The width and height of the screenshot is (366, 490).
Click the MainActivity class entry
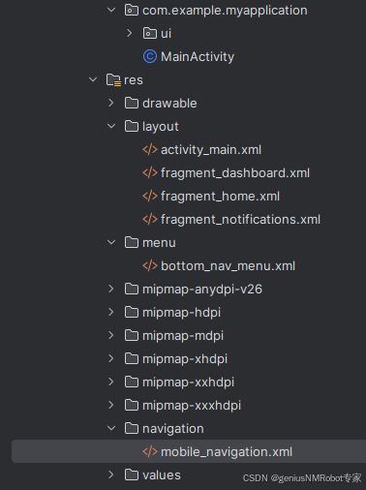(197, 56)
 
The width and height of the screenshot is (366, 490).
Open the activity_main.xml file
(210, 149)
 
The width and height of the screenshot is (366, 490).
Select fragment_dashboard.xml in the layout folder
(234, 172)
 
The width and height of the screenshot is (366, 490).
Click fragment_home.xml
(220, 196)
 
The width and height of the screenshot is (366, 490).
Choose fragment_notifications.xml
(240, 219)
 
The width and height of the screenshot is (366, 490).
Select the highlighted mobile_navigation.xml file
(226, 451)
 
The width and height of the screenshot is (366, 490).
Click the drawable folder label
(169, 103)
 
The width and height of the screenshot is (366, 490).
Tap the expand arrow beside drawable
(111, 103)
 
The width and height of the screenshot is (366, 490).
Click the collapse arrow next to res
(93, 79)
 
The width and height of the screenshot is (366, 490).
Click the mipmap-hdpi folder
(182, 312)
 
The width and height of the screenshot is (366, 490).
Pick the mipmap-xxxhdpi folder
(191, 405)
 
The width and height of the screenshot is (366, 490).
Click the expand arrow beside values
(111, 475)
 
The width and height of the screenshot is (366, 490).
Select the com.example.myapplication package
(224, 10)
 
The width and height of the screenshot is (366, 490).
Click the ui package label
(166, 33)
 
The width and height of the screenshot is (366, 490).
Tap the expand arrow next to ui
(130, 33)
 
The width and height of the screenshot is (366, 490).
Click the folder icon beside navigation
(131, 428)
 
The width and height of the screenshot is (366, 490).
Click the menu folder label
(160, 242)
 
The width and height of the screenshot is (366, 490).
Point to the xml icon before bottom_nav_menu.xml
(149, 265)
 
